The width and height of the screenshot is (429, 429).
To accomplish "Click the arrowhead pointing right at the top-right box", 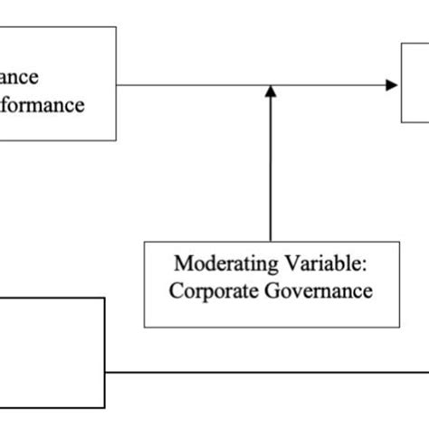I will point(392,85).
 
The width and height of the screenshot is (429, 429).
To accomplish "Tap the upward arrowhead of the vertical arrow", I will point(270,91).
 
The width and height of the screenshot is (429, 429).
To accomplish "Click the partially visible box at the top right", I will point(415,86).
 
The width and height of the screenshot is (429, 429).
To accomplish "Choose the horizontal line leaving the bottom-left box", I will point(272,371).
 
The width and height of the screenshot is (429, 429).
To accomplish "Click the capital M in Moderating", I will point(181,264).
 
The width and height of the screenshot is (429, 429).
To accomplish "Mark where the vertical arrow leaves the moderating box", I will point(270,240).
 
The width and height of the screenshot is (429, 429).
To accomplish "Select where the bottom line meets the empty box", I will point(105,371).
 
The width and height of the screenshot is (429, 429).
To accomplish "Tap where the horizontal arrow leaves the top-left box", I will point(117,85).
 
